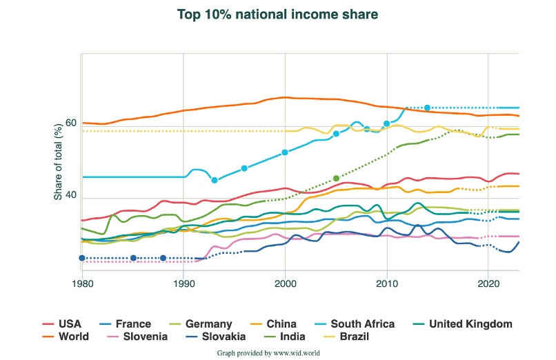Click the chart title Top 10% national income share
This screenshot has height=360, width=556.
(x=277, y=14)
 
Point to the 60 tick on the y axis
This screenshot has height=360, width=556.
(x=70, y=123)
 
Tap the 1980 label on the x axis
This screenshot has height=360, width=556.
(x=82, y=283)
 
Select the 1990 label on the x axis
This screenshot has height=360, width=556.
(x=183, y=283)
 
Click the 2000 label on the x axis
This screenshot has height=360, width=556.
(x=285, y=283)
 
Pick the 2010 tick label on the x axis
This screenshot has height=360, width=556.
(x=387, y=283)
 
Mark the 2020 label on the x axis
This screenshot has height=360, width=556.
(x=488, y=283)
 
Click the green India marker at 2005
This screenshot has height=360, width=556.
(x=336, y=179)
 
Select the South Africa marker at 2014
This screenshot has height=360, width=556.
(x=427, y=108)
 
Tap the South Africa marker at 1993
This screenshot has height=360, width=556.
(x=215, y=180)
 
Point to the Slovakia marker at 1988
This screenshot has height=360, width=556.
(x=163, y=258)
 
